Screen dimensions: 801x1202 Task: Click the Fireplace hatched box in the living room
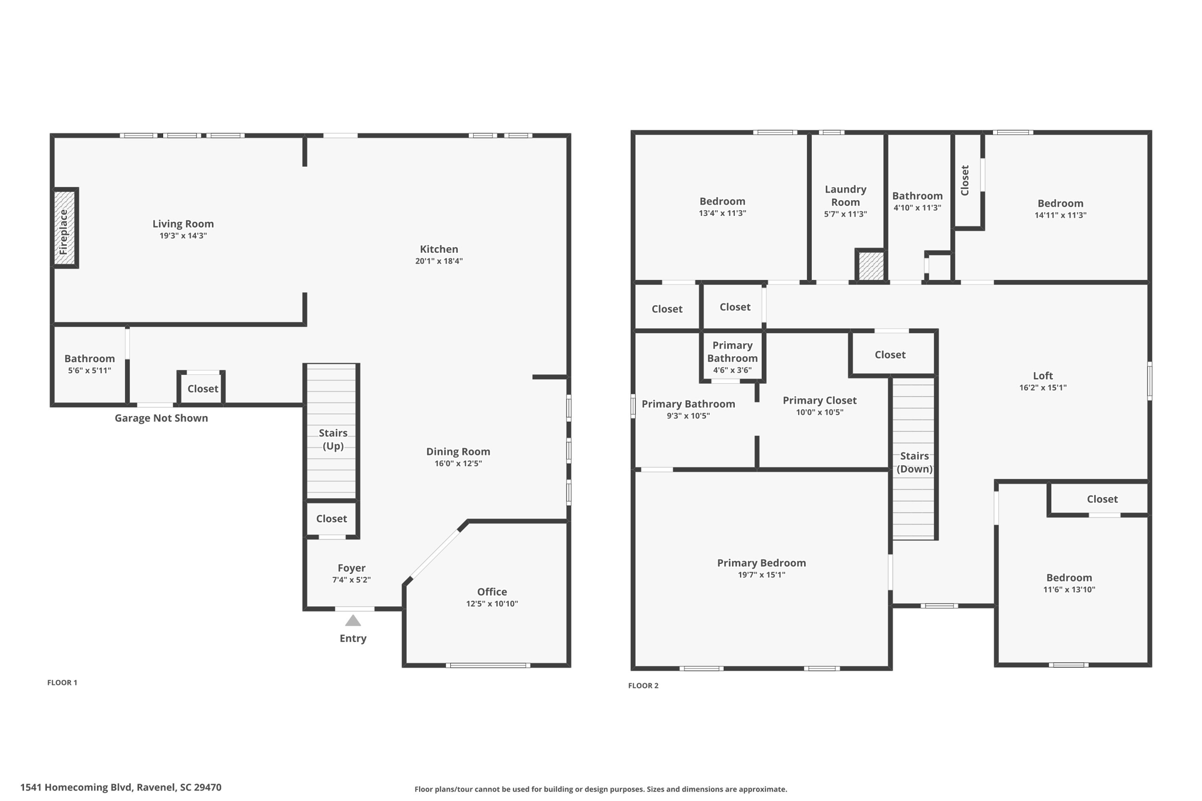tap(65, 228)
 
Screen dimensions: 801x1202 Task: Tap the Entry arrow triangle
tap(353, 620)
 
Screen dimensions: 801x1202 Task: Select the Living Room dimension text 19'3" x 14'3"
tap(183, 236)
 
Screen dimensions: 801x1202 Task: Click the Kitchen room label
tap(438, 249)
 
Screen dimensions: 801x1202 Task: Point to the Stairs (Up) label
tap(333, 439)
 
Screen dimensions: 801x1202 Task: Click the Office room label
tap(492, 592)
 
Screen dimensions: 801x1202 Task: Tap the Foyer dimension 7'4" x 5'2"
tap(351, 580)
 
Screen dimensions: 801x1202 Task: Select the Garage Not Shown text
tap(161, 418)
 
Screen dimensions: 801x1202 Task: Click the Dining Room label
tap(458, 451)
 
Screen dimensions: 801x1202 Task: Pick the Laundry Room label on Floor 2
tap(845, 195)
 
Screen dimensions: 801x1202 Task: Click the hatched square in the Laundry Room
tap(871, 266)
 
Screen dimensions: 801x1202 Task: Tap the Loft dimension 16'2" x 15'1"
tap(1042, 387)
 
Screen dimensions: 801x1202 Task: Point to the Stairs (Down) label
tap(914, 462)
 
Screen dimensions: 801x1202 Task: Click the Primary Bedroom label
tap(761, 563)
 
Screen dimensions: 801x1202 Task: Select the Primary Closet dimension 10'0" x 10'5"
tap(819, 413)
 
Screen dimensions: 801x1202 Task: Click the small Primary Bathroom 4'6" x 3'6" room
tap(732, 357)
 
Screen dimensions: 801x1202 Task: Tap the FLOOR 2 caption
tap(643, 685)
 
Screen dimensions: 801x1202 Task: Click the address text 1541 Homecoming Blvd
tap(121, 788)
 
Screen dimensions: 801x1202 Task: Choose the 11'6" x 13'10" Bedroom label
tap(1069, 577)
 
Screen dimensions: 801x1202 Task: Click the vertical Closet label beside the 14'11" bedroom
tap(965, 180)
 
